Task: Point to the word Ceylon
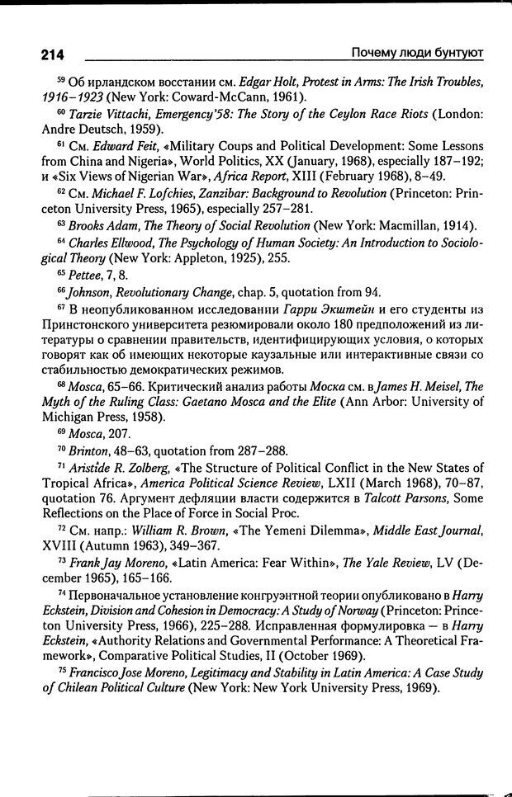coord(345,112)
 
